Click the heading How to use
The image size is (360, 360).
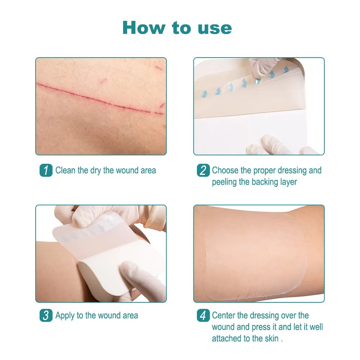[x=177, y=28]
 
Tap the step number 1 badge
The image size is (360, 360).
[x=46, y=170]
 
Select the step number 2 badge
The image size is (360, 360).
[x=203, y=170]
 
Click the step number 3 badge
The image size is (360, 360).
[x=46, y=316]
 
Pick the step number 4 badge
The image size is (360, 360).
[x=203, y=316]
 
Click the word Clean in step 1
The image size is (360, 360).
[x=66, y=170]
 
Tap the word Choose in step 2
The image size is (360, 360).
[x=225, y=170]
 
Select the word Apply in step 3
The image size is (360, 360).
[x=65, y=316]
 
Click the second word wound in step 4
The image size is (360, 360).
[x=223, y=327]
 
